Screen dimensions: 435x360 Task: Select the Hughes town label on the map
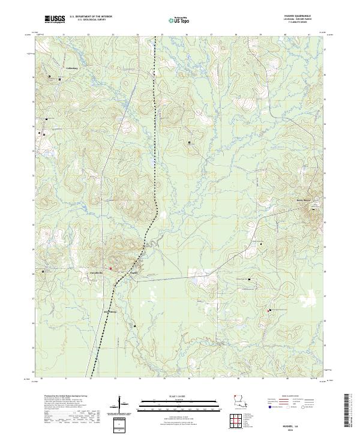coord(135,272)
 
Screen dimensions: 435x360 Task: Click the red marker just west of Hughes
coord(110,268)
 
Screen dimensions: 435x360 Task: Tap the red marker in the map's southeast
coord(268,310)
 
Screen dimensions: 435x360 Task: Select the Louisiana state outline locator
coord(239,406)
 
